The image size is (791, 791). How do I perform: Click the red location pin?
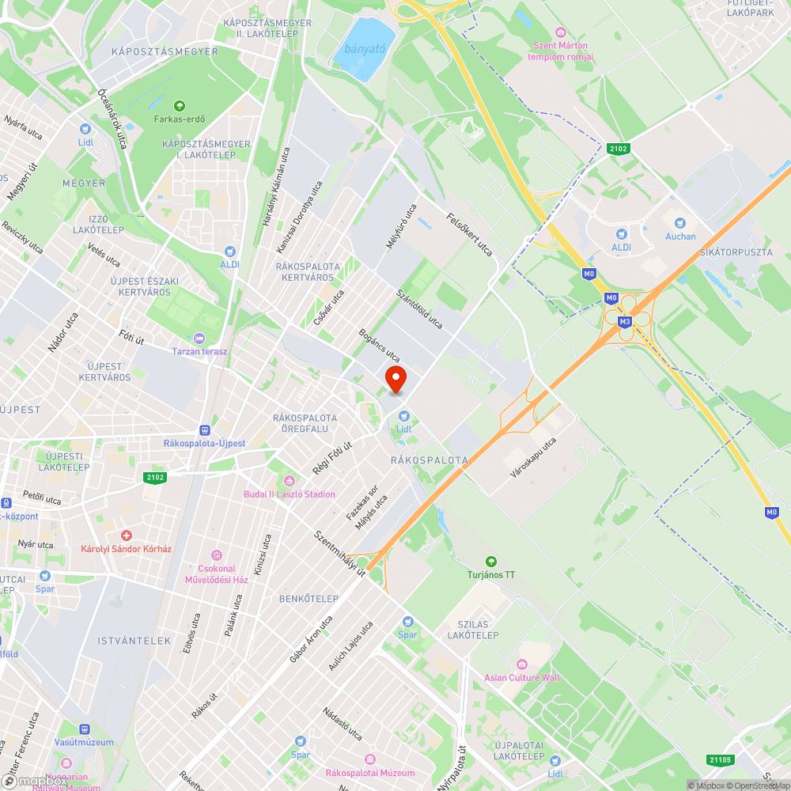tap(395, 378)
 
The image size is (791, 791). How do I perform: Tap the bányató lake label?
tap(359, 49)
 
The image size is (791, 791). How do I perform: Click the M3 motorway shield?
tap(625, 321)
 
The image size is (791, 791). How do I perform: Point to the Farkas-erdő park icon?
tap(180, 105)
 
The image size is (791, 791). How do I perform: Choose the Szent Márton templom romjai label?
tap(560, 51)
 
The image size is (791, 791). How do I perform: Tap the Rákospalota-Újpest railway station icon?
tap(205, 430)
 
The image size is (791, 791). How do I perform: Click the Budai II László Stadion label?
tap(289, 494)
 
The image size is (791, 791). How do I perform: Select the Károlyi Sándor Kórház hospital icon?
tap(127, 536)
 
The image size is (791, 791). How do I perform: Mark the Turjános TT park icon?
tap(491, 561)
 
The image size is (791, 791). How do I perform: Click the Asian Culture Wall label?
tap(521, 678)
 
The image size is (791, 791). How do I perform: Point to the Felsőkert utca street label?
tap(470, 235)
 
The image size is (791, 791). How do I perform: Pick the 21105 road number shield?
tap(721, 760)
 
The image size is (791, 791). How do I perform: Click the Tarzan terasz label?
tap(200, 350)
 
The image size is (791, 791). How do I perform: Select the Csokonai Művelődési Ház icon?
tap(216, 556)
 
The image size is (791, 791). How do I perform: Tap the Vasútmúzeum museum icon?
tap(84, 729)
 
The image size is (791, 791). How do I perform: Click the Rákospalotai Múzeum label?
tap(370, 773)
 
